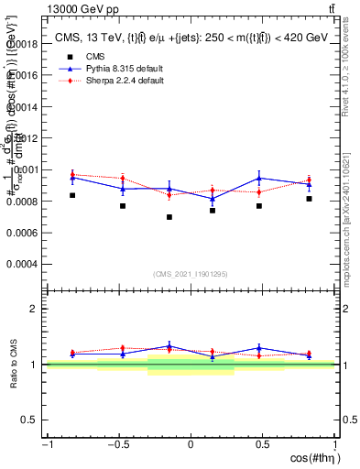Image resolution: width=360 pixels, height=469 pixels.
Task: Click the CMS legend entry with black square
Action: pos(82,57)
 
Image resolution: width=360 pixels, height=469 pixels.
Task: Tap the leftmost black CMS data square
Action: pos(72,195)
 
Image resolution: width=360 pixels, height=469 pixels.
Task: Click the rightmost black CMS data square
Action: pos(310,199)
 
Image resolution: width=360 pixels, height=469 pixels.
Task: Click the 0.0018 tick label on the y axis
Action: pos(24,43)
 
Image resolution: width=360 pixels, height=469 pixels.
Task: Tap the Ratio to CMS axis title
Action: pos(14,364)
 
